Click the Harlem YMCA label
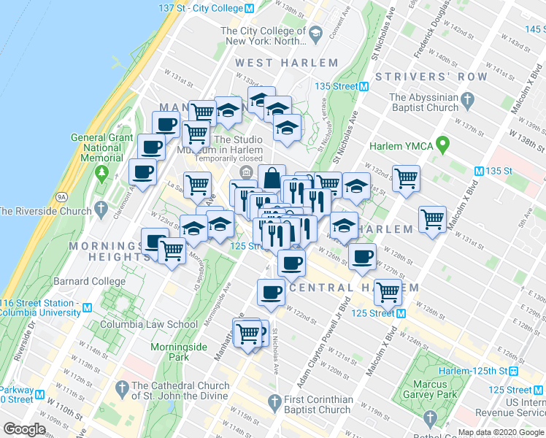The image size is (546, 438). pos(401,146)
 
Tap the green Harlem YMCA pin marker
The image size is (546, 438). pos(442,145)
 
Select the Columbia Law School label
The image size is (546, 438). pos(149,325)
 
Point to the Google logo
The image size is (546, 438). pos(24,429)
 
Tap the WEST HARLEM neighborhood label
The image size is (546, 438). pos(287,64)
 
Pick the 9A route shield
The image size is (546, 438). pos(62,196)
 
